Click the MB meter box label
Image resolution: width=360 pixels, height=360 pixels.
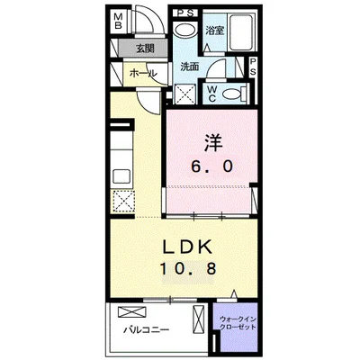click(119, 20)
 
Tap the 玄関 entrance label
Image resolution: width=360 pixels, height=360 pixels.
click(145, 48)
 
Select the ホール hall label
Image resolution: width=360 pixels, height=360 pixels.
click(143, 73)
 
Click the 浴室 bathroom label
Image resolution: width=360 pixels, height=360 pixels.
click(215, 31)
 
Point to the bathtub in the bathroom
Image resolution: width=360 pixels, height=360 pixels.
click(241, 32)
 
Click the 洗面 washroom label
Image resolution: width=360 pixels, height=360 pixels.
click(190, 67)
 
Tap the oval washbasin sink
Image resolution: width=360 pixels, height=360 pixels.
click(184, 30)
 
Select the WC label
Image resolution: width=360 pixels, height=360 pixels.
click(212, 94)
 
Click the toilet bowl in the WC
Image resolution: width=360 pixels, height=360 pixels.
click(231, 94)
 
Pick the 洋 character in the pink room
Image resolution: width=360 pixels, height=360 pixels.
click(213, 142)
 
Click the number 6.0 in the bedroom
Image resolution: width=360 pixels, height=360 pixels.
click(212, 166)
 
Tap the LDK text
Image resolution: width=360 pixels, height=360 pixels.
click(187, 247)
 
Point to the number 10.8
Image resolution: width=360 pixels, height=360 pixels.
click(188, 268)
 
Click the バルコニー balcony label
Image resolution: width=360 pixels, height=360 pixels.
click(147, 330)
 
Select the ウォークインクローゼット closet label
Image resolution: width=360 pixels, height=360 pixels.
click(238, 323)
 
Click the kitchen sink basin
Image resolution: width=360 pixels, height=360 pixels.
click(121, 177)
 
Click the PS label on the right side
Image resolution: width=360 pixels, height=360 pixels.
click(253, 67)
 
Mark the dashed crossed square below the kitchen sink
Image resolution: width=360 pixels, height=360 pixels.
click(124, 201)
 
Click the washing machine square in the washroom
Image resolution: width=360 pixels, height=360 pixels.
click(184, 94)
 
